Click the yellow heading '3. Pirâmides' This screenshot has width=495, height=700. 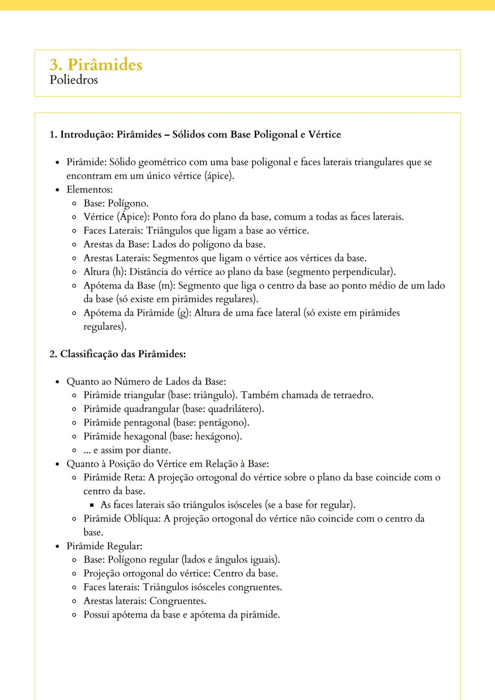point(96,65)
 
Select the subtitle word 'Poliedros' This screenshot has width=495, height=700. point(73,80)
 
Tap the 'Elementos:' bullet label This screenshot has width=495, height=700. point(89,190)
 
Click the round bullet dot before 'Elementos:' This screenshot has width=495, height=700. point(57,190)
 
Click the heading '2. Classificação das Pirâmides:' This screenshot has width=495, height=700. point(117,354)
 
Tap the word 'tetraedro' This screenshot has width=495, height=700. point(353,395)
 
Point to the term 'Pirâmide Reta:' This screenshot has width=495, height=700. point(114,478)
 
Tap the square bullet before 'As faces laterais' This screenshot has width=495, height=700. point(92,506)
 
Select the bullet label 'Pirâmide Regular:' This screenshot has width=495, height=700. point(104,547)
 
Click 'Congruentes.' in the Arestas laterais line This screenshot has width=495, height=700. point(178,601)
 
